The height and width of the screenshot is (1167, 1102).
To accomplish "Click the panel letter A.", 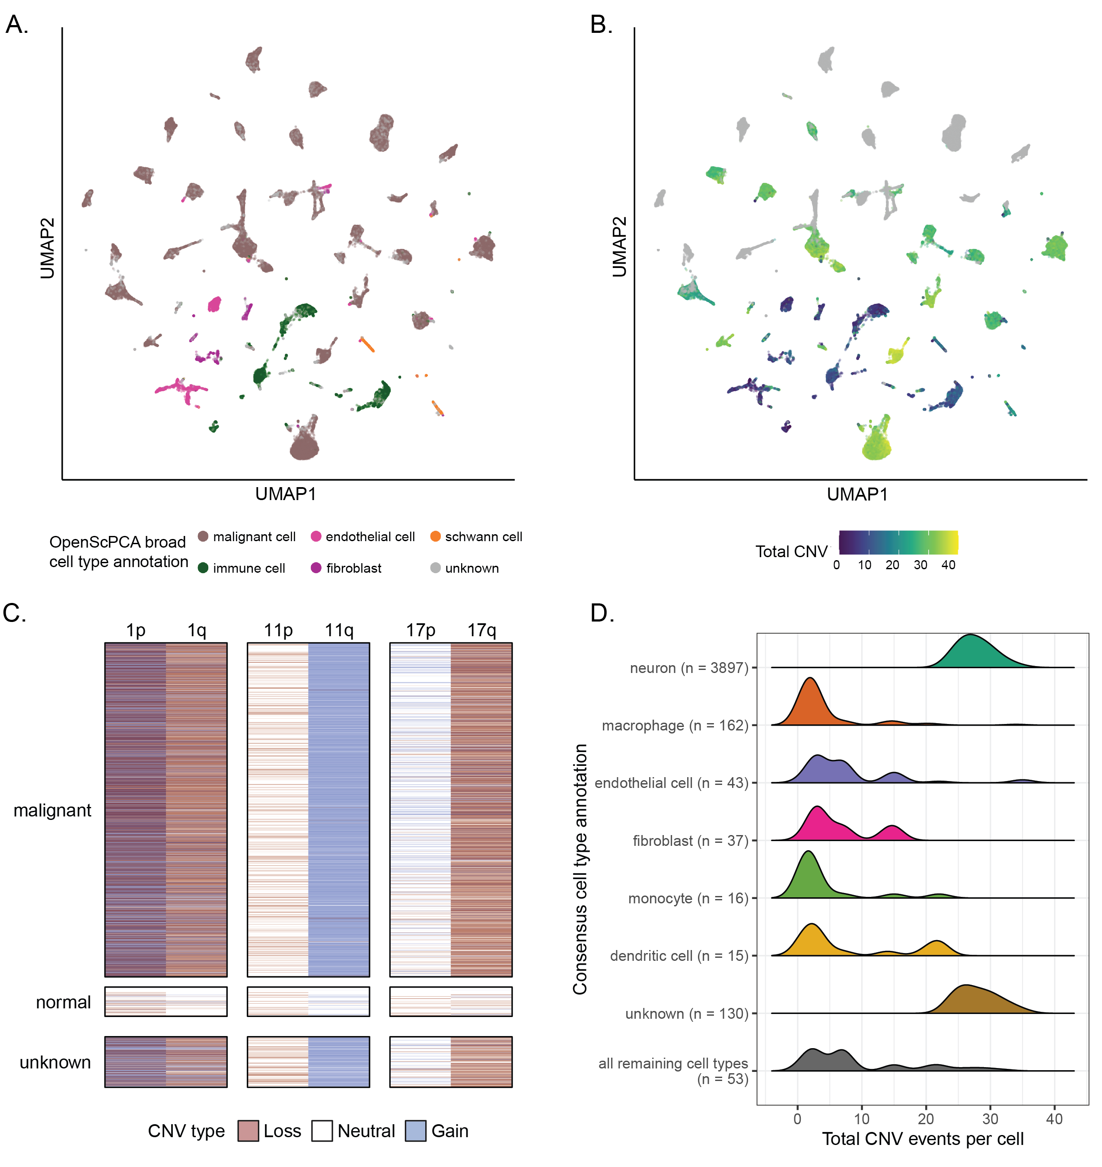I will coord(16,25).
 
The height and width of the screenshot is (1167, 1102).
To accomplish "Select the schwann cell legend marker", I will coord(435,536).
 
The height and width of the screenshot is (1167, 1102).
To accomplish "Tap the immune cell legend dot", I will coord(203,568).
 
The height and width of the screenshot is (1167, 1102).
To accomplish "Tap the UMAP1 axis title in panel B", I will coord(857,494).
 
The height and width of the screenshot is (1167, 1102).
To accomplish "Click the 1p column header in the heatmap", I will coord(136,631).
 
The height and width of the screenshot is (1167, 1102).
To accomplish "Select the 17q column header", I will coord(482,631).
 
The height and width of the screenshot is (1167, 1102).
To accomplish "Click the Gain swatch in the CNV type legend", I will coord(415,1131).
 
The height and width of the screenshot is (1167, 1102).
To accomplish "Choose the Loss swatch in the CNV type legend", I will coord(248,1131).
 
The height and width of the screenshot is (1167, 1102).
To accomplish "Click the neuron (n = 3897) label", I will coord(688,668).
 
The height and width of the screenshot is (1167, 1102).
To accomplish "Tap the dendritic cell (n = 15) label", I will coord(678,956).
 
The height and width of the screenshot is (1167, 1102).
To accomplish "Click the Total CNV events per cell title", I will coord(922,1139).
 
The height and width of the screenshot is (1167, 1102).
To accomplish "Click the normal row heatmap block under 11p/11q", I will coord(309,1001).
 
